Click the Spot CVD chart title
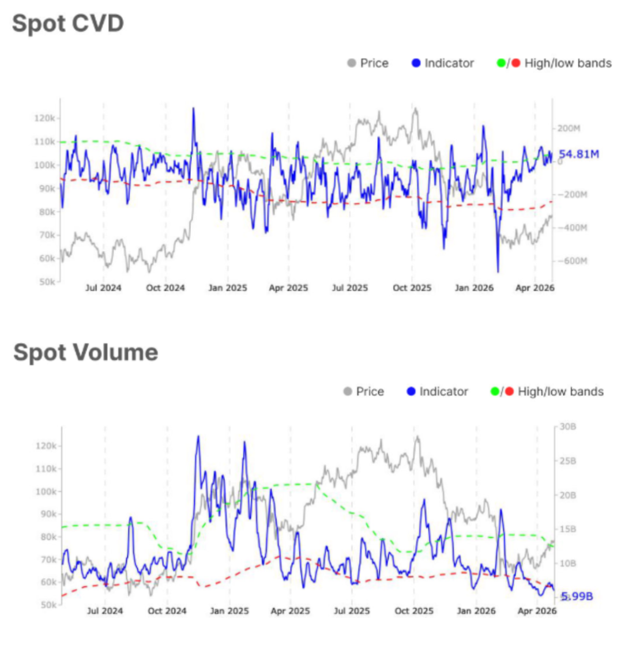67,24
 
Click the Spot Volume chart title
85,352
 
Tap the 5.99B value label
577,597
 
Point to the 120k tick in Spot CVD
44,118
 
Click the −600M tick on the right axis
571,261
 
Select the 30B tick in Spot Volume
567,427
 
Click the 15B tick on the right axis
567,529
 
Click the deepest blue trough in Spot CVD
498,271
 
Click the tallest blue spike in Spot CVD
193,108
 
